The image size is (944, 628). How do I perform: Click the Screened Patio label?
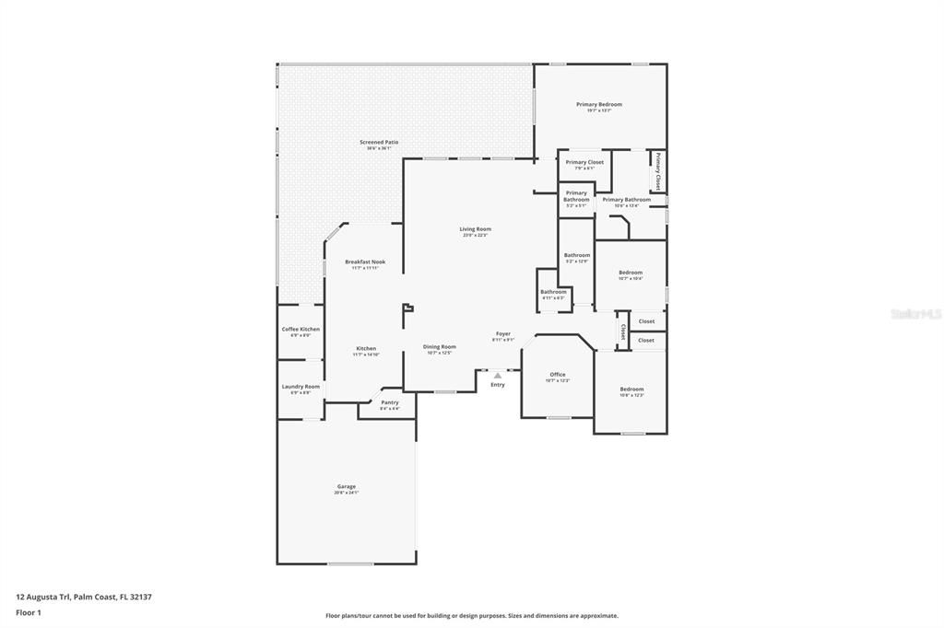click(x=379, y=143)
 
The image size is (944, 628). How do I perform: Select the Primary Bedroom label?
click(x=599, y=105)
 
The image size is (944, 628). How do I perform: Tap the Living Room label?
click(x=476, y=229)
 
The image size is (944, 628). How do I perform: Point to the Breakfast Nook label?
click(x=365, y=262)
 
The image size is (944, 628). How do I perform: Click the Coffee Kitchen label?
click(x=301, y=330)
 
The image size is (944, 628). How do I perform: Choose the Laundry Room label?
click(x=301, y=387)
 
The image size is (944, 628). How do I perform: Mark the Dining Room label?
click(x=440, y=347)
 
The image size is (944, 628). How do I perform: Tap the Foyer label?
click(x=503, y=334)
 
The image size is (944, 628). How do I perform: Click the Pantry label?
click(x=390, y=402)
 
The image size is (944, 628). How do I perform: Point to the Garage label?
click(x=346, y=487)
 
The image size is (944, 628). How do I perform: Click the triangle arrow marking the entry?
click(x=498, y=375)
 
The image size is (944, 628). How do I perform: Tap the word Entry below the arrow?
click(x=498, y=385)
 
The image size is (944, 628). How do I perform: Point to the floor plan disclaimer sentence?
click(x=471, y=616)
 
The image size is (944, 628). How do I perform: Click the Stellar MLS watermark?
click(x=915, y=314)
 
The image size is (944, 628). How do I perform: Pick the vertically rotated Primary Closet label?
click(x=658, y=172)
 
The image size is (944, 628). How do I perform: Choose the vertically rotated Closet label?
click(x=623, y=331)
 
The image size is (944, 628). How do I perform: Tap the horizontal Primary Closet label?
click(x=584, y=162)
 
